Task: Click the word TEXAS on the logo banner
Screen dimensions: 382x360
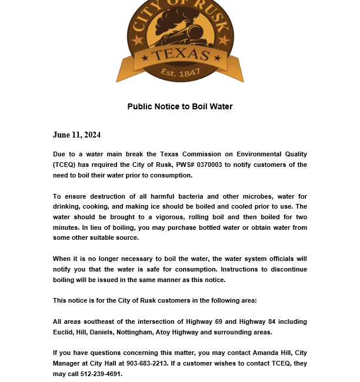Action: tap(181, 56)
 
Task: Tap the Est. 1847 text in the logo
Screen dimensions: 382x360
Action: tap(181, 73)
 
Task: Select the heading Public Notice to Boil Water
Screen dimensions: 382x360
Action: tap(180, 106)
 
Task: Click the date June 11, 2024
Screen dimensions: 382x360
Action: tap(76, 135)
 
